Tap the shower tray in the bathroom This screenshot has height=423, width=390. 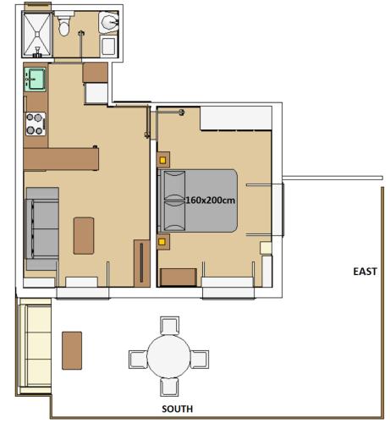(36, 35)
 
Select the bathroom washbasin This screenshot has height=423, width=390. (109, 21)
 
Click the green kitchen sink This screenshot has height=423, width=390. (35, 80)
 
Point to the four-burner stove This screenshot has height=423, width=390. (36, 124)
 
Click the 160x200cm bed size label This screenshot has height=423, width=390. (210, 201)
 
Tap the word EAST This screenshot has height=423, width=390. (365, 272)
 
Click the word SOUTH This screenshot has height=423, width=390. (178, 409)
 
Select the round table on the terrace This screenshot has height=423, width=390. (169, 356)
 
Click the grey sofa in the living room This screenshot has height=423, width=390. (42, 228)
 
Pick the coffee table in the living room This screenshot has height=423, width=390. (84, 236)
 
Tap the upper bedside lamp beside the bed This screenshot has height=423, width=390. (162, 160)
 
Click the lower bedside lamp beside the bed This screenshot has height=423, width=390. (162, 242)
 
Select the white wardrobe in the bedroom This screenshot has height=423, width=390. (236, 118)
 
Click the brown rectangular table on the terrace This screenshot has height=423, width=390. (72, 350)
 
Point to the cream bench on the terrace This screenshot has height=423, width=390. (36, 346)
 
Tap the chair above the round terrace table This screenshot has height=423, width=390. (169, 326)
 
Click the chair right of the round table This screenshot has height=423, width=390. (200, 360)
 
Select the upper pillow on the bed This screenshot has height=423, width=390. (175, 185)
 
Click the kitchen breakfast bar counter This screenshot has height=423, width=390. (61, 159)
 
